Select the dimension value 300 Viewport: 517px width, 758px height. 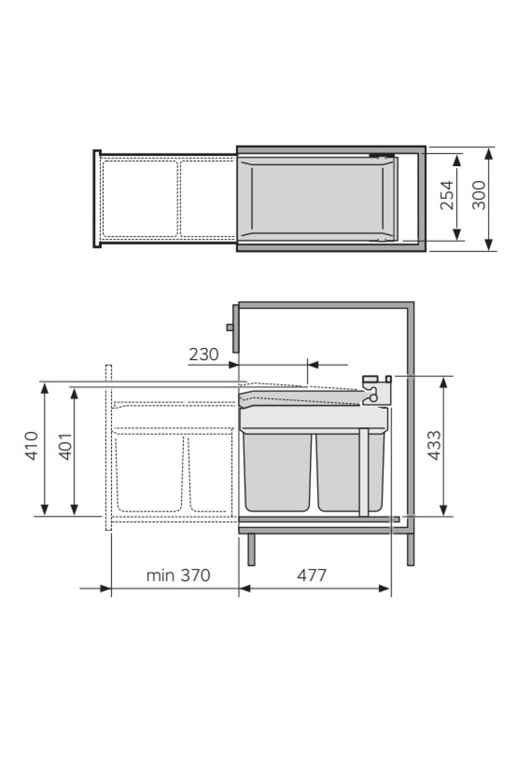pyautogui.click(x=479, y=195)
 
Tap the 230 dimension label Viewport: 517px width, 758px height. pyautogui.click(x=204, y=354)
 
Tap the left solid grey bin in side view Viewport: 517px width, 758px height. pyautogui.click(x=277, y=472)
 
